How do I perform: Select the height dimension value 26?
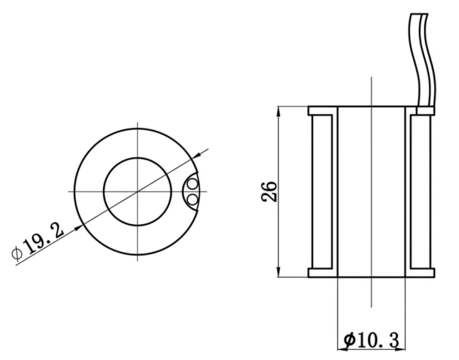pos(269,191)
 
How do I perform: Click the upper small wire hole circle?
pos(193,184)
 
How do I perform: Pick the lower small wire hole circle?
pos(193,199)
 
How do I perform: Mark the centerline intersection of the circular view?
pos(138,191)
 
